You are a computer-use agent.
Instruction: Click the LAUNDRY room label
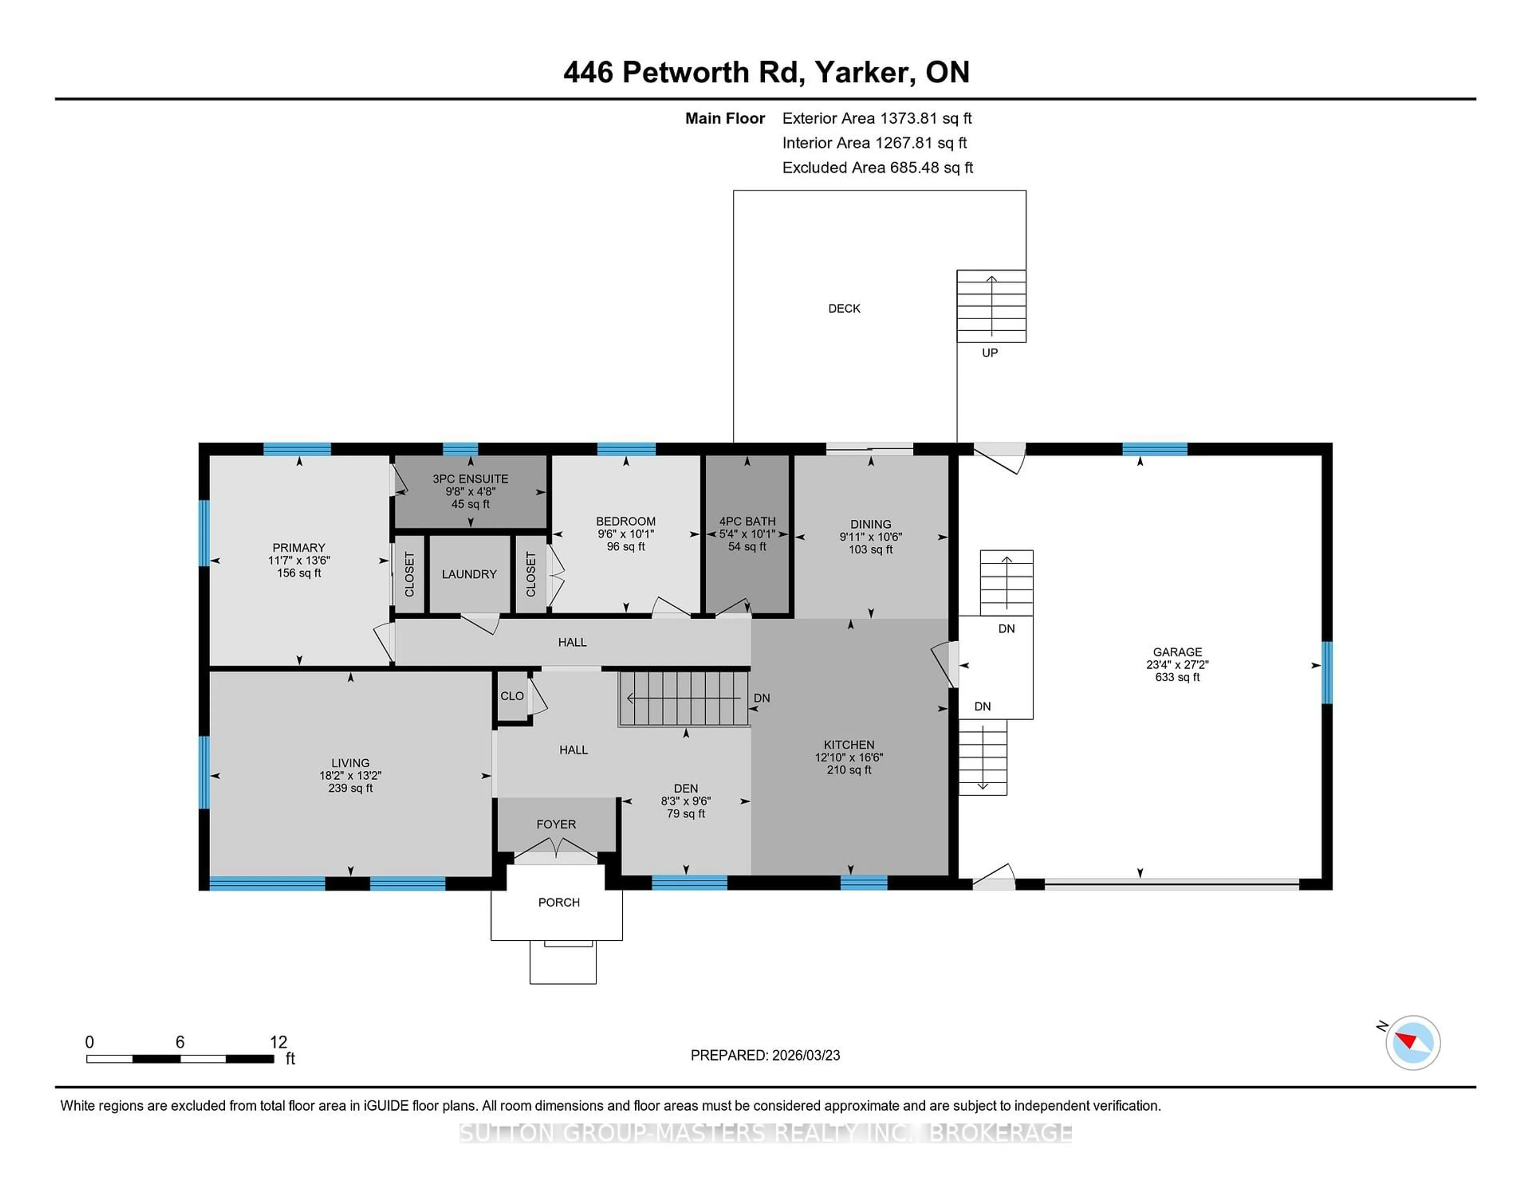coord(469,574)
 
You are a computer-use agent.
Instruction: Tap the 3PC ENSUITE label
coord(470,479)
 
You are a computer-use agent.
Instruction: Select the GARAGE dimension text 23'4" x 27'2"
coord(1177,664)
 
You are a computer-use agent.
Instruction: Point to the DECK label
coord(844,309)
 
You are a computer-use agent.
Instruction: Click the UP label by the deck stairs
coord(989,352)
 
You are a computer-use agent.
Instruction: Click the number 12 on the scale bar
coord(278,1042)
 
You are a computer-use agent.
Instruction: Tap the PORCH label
coord(559,902)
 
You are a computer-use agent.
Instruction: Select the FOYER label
coord(556,824)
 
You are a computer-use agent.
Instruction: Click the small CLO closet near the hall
coord(512,696)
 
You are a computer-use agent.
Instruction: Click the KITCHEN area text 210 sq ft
coord(849,770)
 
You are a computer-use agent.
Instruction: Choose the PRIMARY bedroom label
coord(299,547)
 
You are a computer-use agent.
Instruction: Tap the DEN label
coord(686,788)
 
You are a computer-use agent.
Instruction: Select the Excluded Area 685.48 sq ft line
coord(878,167)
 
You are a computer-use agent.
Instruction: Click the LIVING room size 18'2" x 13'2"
coord(350,775)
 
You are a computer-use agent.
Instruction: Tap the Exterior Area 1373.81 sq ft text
coord(877,118)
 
